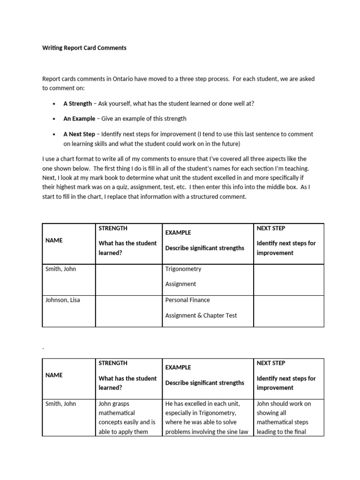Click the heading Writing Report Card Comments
pos(84,48)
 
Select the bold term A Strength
pos(78,104)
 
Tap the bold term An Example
pos(79,119)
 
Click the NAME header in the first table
pos(54,240)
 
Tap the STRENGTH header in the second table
pos(113,363)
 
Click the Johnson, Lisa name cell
pos(63,300)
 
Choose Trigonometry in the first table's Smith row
pos(183,269)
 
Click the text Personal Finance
pos(187,300)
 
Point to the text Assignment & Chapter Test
pos(201,315)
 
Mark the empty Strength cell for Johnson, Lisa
pos(128,311)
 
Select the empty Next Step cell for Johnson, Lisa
pos(288,311)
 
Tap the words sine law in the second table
pos(238,432)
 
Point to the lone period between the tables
pos(43,348)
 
